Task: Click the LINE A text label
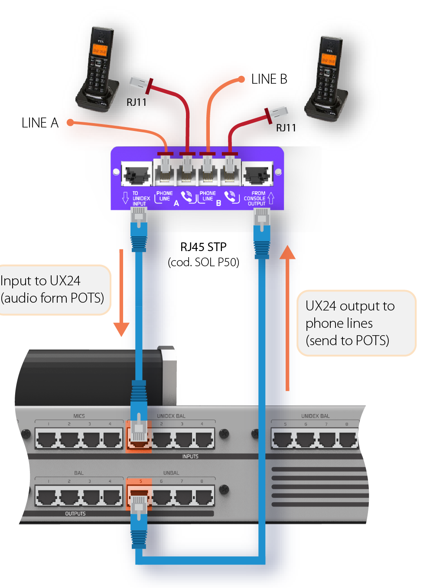(40, 123)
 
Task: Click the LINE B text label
(269, 79)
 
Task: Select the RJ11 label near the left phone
(137, 102)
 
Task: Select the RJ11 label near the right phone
(286, 128)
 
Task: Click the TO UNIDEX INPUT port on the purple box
(137, 174)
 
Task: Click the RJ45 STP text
(203, 247)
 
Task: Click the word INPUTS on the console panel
(190, 457)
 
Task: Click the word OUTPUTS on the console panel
(75, 514)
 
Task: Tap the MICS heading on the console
(79, 416)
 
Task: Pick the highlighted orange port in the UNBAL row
(139, 493)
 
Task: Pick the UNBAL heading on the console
(171, 473)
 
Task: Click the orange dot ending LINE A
(70, 123)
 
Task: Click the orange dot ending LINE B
(241, 79)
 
